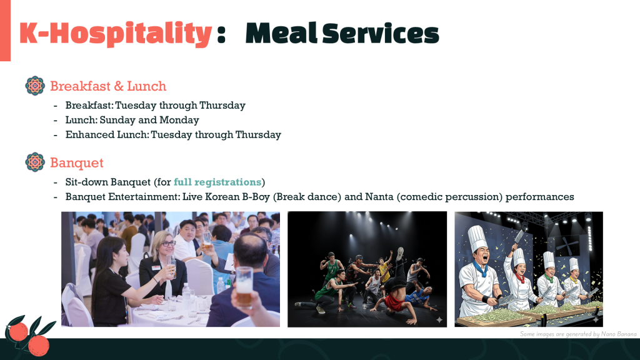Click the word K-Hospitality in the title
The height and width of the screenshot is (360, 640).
[x=116, y=34]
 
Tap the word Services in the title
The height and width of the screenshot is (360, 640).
[x=381, y=34]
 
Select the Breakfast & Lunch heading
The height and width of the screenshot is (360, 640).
[x=108, y=86]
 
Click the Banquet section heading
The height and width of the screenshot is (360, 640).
[x=77, y=163]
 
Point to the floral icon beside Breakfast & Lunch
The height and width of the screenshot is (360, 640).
[x=35, y=86]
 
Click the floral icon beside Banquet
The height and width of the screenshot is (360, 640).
[x=35, y=162]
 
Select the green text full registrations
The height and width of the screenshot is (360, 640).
[x=217, y=182]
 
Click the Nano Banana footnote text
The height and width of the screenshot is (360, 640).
[x=578, y=334]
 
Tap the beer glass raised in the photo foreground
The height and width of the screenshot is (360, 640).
[x=244, y=286]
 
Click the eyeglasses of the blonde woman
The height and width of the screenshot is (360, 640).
[x=168, y=244]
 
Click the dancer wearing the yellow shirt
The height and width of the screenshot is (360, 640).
[x=384, y=270]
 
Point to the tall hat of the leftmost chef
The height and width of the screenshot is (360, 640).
[x=477, y=238]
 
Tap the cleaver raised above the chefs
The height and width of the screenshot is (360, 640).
[x=519, y=236]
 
